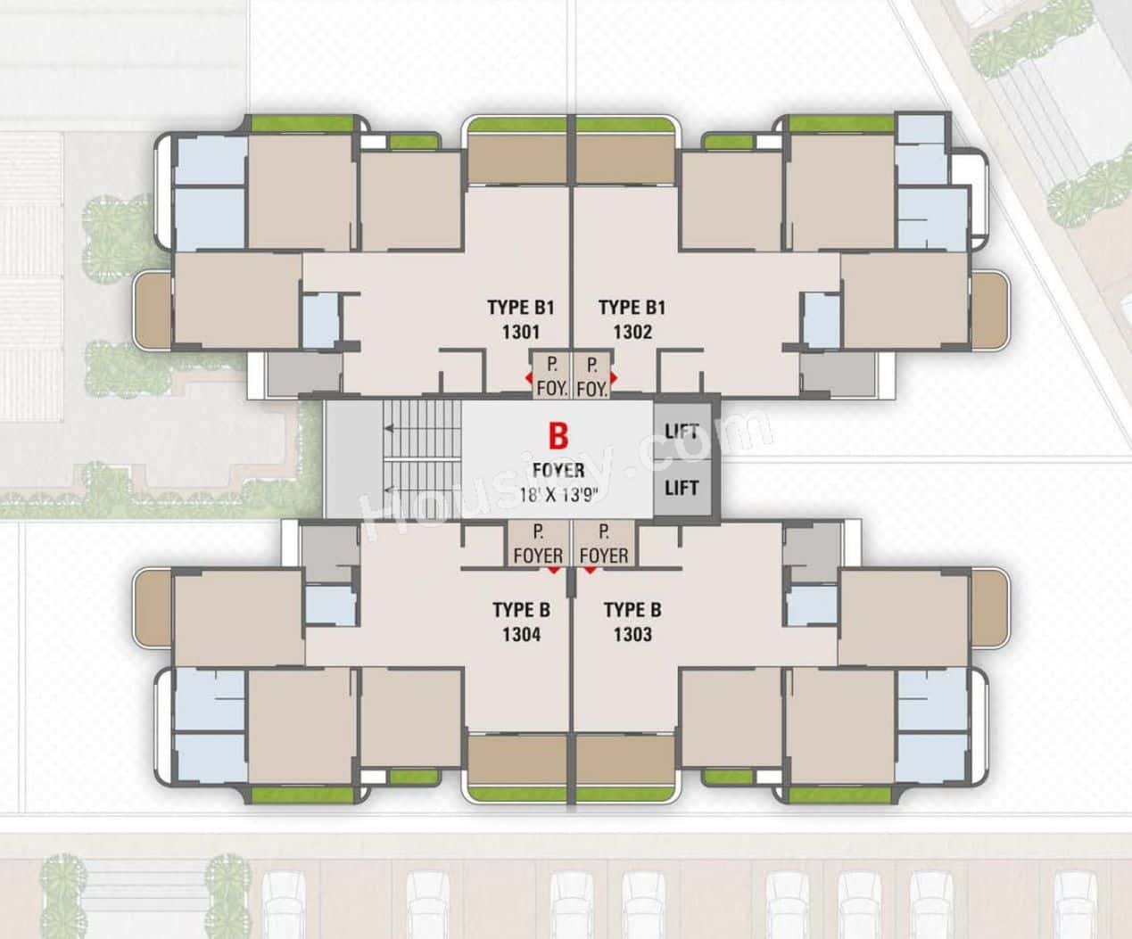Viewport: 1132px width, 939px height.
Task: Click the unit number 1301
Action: click(522, 333)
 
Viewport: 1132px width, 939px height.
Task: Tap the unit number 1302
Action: click(632, 333)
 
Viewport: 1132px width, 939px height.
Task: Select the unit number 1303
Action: click(632, 635)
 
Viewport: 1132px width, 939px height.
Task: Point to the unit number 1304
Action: click(522, 635)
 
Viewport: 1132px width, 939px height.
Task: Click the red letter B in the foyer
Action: click(558, 437)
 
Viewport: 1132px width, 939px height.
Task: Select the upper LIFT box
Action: click(682, 432)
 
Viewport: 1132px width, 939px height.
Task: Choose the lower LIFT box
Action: click(682, 488)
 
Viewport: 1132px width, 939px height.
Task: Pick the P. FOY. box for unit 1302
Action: click(591, 375)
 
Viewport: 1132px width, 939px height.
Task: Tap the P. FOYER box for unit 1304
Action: click(539, 544)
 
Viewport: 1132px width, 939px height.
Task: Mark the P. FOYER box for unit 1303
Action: click(604, 544)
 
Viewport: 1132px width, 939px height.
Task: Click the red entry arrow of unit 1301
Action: click(529, 378)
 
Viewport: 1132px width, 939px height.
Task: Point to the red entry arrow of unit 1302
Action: click(613, 378)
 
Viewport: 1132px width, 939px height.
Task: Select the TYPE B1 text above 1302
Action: click(632, 309)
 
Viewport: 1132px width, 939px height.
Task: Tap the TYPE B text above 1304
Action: click(522, 611)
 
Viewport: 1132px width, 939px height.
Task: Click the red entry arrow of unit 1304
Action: click(555, 568)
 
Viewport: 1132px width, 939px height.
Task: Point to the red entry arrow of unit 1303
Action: click(589, 568)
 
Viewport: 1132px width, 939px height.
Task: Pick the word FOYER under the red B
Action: click(558, 470)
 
